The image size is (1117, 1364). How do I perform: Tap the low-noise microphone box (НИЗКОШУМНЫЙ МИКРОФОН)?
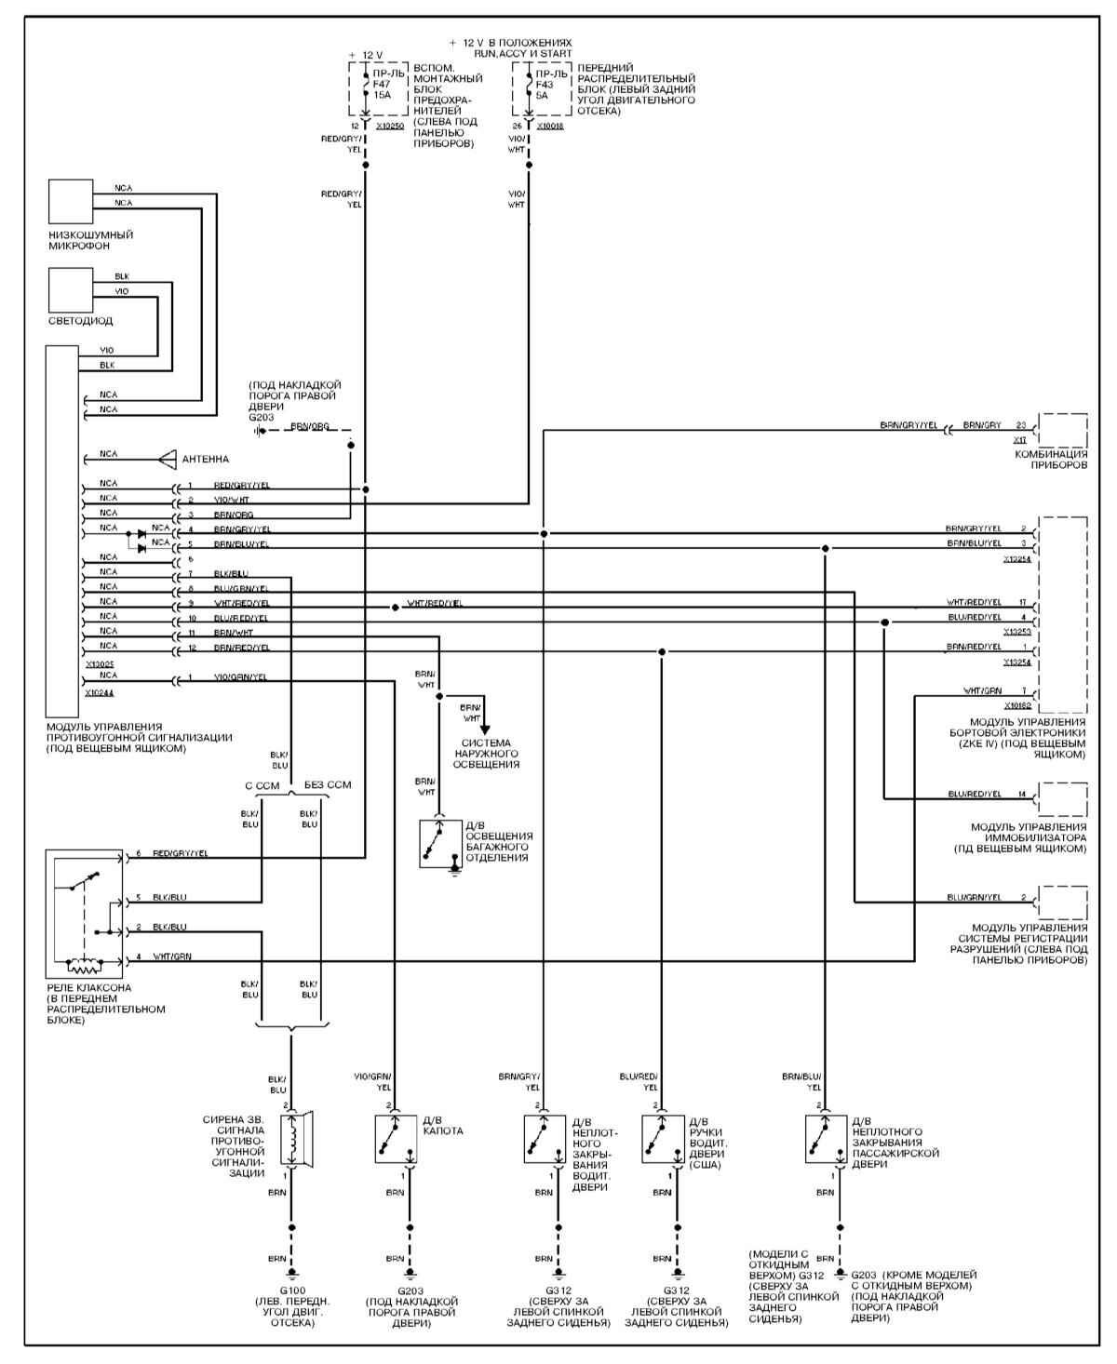[71, 202]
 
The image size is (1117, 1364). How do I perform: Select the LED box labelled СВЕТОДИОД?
[71, 290]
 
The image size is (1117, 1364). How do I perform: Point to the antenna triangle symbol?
[167, 458]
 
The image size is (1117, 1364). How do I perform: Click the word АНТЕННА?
[206, 459]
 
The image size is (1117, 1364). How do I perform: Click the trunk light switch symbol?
[439, 844]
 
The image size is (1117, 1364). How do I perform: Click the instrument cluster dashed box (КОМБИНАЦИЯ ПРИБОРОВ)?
[1062, 433]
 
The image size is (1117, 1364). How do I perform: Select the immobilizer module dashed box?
[1062, 799]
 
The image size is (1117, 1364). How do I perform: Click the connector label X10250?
[390, 125]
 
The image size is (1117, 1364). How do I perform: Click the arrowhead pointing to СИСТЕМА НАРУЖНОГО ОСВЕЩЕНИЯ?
[484, 729]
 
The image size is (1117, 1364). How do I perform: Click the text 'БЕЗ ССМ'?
[328, 785]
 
